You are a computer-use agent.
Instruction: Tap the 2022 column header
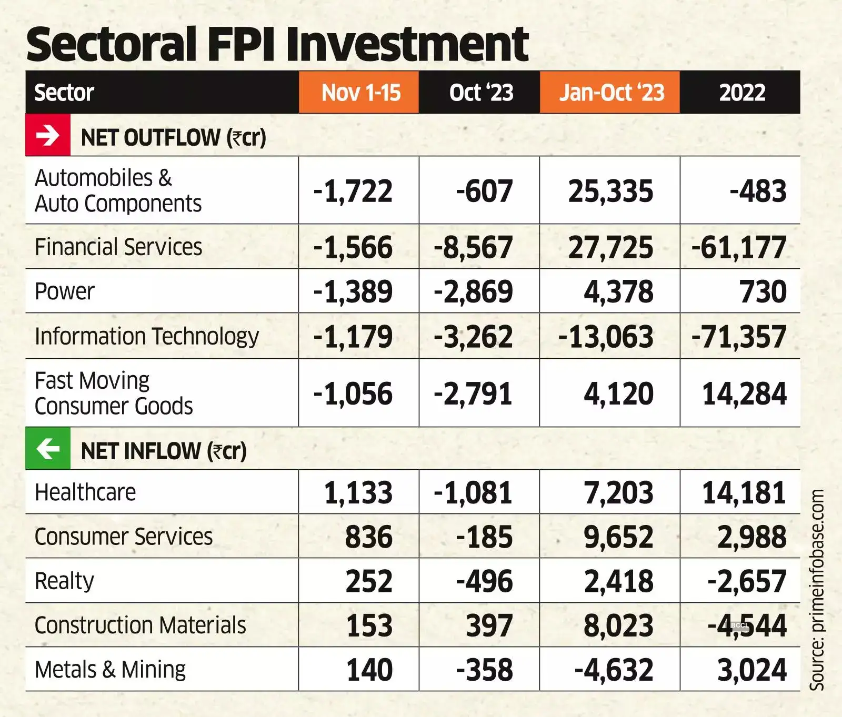pos(741,93)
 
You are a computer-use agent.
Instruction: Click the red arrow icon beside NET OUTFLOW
pos(48,136)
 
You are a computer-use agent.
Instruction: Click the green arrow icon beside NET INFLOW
pos(48,449)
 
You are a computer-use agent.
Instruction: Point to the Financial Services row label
pos(118,247)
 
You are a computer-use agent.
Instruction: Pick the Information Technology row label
pos(146,336)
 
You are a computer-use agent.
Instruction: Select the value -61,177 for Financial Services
pos(739,247)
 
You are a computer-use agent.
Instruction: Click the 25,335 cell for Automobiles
pos(610,191)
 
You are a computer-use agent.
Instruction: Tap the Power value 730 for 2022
pos(763,291)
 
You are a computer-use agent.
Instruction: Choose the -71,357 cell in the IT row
pos(739,337)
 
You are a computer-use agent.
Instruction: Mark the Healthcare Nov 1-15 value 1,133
pos(358,493)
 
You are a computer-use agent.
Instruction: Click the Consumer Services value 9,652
pos(618,537)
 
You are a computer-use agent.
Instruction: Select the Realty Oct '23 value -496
pos(484,581)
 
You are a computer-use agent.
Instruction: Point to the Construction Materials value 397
pos(489,625)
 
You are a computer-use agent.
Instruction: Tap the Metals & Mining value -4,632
pos(614,670)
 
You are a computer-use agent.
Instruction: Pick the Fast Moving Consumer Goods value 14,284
pos(744,393)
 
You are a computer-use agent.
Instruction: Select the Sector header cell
pos(64,93)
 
